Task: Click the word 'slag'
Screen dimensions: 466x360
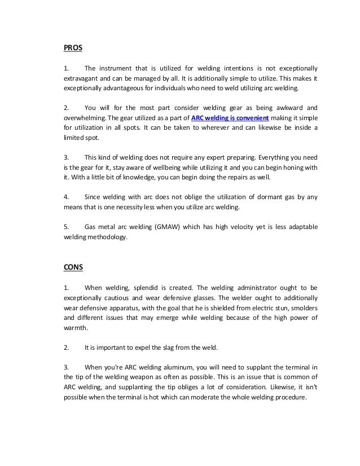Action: point(160,348)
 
